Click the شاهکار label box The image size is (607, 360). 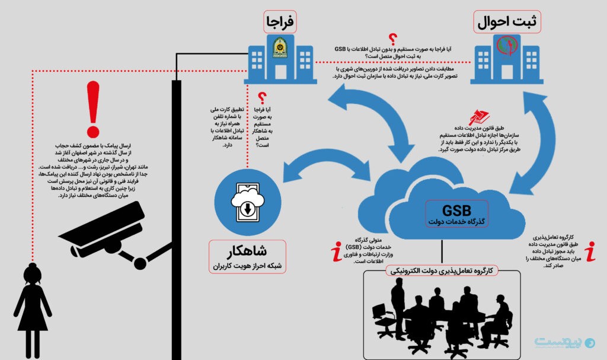tap(247, 256)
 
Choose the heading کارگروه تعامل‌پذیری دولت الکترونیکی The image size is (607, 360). tap(442, 270)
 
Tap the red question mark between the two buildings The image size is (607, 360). tap(392, 40)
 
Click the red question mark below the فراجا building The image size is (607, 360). tap(261, 98)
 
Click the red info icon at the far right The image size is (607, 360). tap(590, 251)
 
